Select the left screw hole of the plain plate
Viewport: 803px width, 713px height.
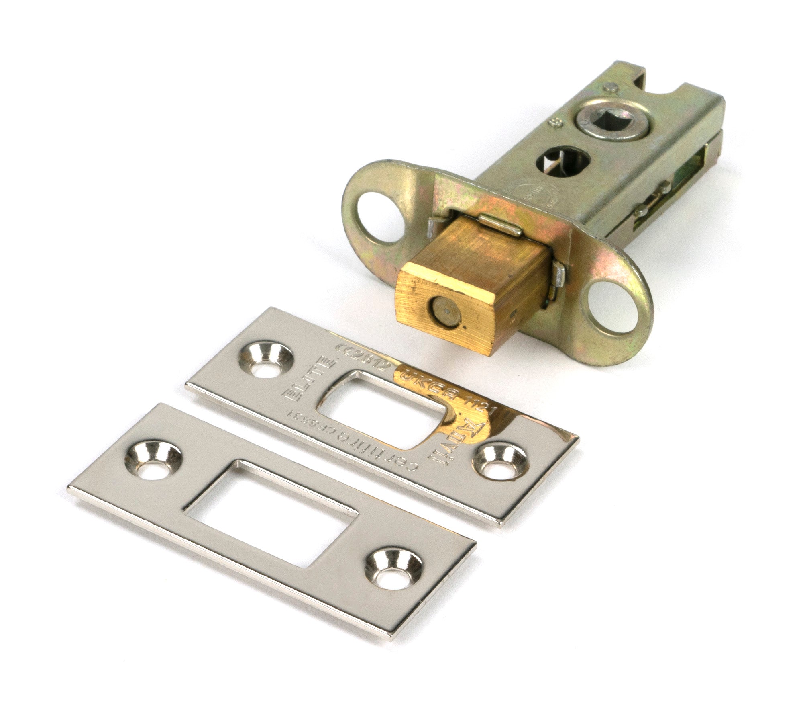pos(152,461)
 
